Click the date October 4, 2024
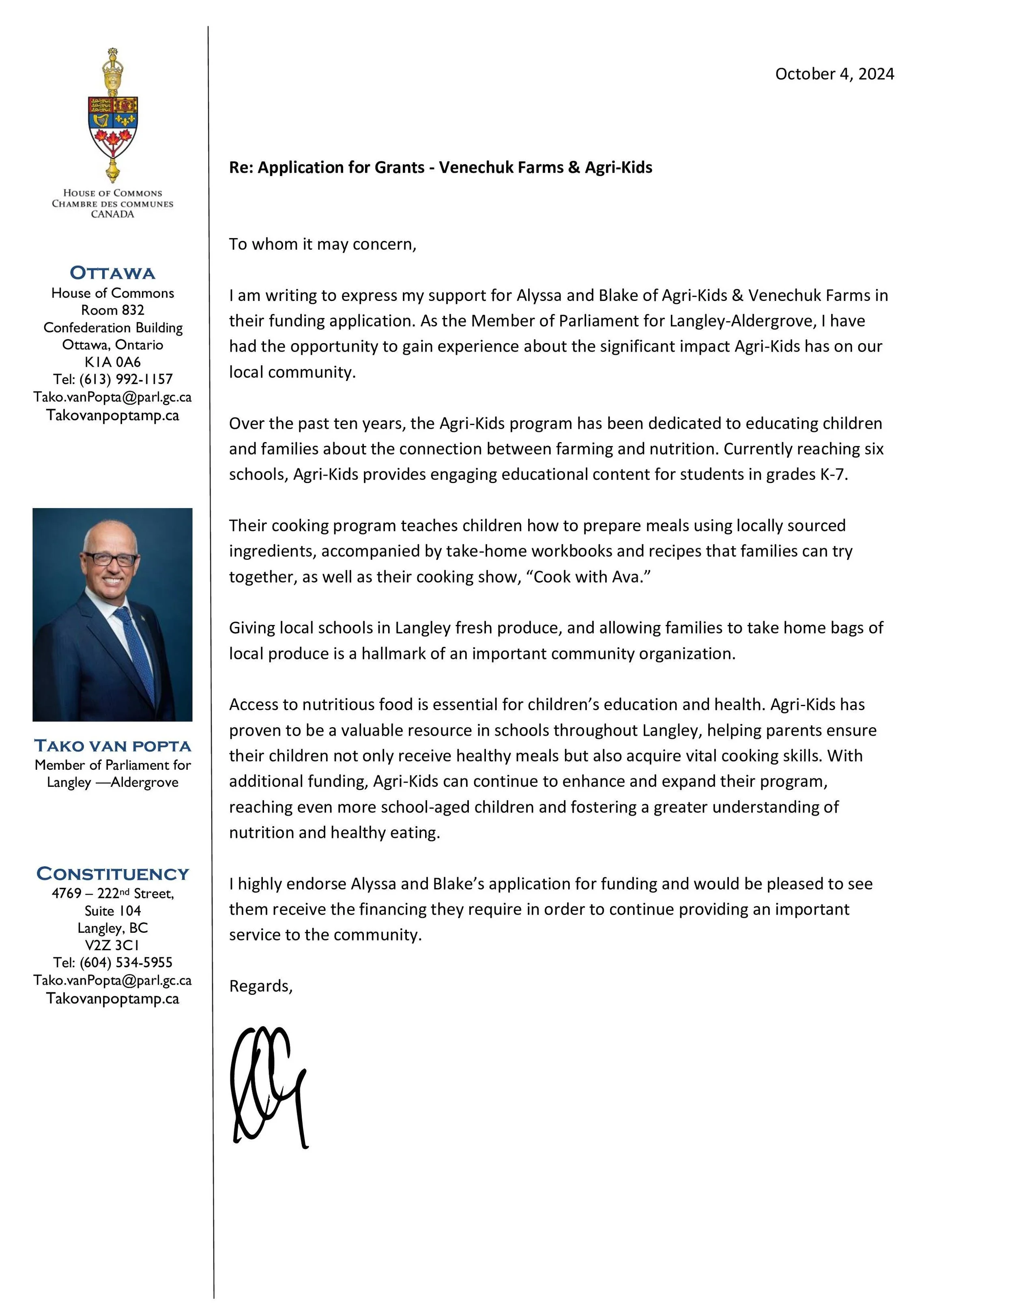[x=834, y=74]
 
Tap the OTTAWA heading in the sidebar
[x=112, y=273]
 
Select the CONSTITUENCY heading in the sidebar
[x=112, y=874]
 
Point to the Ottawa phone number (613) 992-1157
[x=126, y=379]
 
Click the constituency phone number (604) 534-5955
[x=126, y=962]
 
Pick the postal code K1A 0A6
[x=112, y=362]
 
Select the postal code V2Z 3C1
[x=112, y=945]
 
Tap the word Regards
[x=260, y=986]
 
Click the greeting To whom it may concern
[x=322, y=245]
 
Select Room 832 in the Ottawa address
[x=112, y=310]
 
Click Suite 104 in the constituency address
[x=112, y=911]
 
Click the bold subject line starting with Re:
[x=440, y=167]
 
